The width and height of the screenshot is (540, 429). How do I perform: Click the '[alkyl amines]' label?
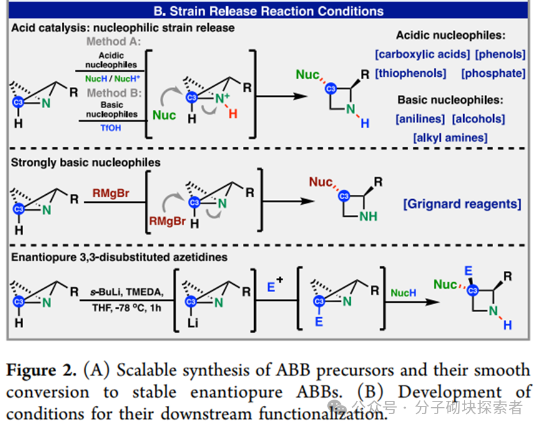[449, 137]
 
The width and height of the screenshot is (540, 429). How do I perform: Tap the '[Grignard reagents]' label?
[462, 204]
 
